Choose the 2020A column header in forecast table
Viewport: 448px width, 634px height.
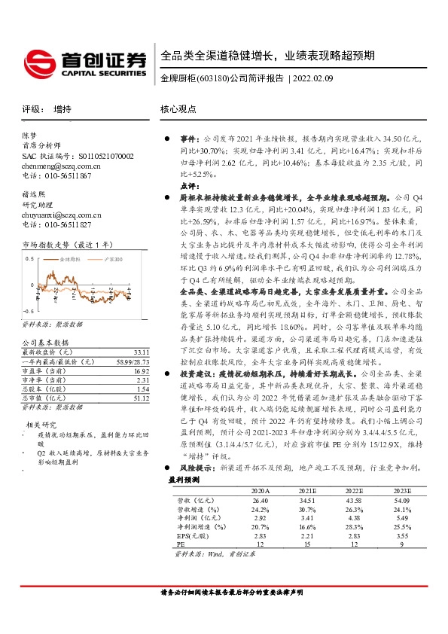tap(260, 490)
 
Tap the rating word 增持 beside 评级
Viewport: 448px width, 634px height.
tap(62, 109)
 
